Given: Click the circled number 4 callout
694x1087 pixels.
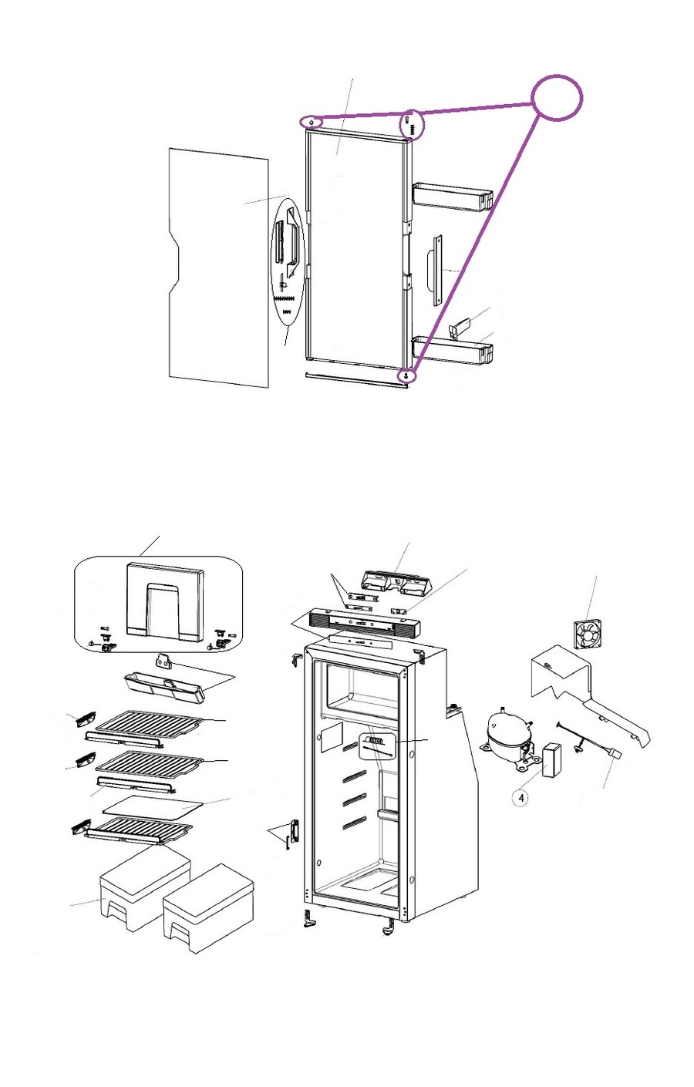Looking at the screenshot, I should pos(522,798).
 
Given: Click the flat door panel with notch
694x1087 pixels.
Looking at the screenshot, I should pos(218,266).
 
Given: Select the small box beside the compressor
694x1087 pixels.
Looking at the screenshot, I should pos(551,759).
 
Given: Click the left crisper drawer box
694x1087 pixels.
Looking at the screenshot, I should pos(145,887).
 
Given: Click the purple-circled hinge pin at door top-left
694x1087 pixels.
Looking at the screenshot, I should pos(311,122).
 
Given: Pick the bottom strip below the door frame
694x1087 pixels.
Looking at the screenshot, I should pos(355,381).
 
